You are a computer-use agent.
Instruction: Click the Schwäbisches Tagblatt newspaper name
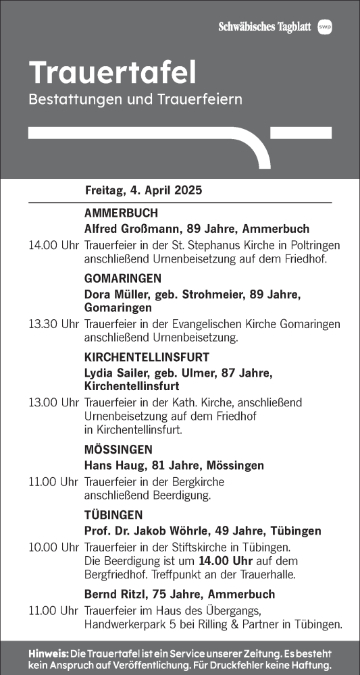coord(264,27)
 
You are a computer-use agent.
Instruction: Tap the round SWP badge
coord(325,27)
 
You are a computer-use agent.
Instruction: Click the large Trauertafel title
coord(113,72)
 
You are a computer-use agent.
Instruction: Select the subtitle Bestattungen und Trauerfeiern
coord(135,99)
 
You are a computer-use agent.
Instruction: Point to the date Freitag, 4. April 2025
coord(143,190)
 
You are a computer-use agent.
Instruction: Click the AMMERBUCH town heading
coord(121,213)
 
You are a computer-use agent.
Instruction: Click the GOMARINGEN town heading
coord(123,278)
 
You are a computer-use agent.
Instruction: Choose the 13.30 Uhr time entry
coord(54,324)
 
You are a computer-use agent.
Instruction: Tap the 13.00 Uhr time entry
coord(54,402)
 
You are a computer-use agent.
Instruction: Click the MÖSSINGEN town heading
coord(118,450)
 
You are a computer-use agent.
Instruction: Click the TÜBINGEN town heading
coord(113,515)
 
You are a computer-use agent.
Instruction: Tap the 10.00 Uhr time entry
coord(54,547)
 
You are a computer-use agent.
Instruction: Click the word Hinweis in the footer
coord(48,653)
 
